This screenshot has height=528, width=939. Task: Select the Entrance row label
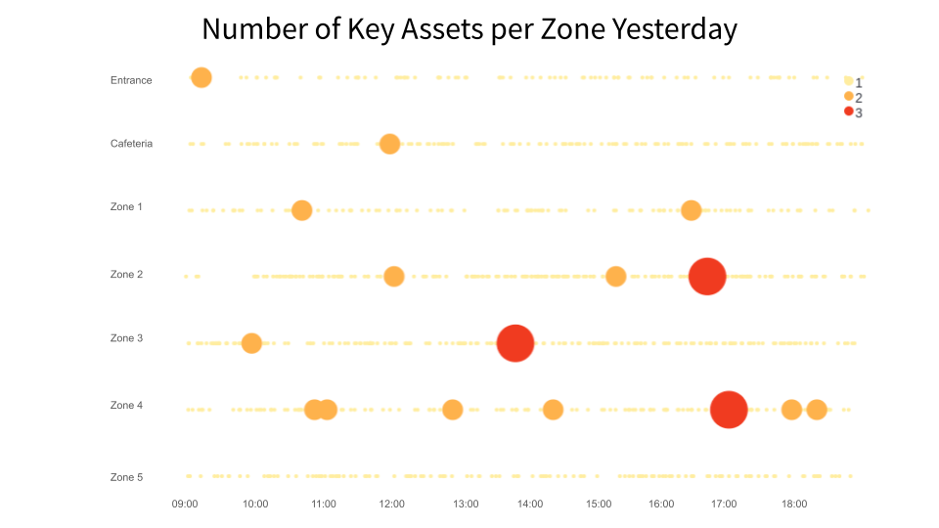[131, 80]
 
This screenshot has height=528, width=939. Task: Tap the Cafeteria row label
[131, 144]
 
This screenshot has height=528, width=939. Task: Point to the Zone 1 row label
[126, 207]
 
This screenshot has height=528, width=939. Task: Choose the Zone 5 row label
[126, 477]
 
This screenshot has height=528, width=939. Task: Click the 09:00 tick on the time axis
[185, 505]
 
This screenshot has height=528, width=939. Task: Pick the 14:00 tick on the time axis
[530, 505]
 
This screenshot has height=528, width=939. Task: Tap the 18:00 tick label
[794, 505]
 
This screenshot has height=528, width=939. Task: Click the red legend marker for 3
[848, 111]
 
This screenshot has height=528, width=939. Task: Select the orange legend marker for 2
[848, 96]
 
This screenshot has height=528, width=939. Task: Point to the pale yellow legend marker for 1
[848, 80]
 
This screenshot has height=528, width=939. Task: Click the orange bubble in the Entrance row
[201, 77]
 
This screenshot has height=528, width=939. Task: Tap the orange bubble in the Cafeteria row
[389, 144]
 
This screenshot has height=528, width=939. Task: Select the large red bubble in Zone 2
[706, 277]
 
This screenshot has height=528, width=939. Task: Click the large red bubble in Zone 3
[514, 343]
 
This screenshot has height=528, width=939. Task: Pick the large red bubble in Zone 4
[728, 409]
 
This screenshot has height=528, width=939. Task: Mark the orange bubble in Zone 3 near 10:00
[251, 343]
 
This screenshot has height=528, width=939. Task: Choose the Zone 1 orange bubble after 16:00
[691, 210]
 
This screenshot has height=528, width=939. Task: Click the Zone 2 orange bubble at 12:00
[393, 277]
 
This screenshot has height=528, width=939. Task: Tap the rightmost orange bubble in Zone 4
[816, 409]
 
